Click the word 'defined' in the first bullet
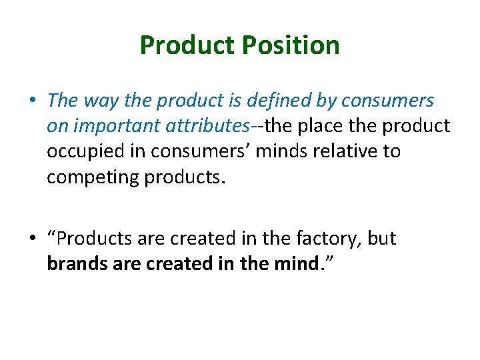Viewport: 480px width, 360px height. click(275, 101)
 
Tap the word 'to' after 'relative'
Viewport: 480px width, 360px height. click(392, 151)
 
